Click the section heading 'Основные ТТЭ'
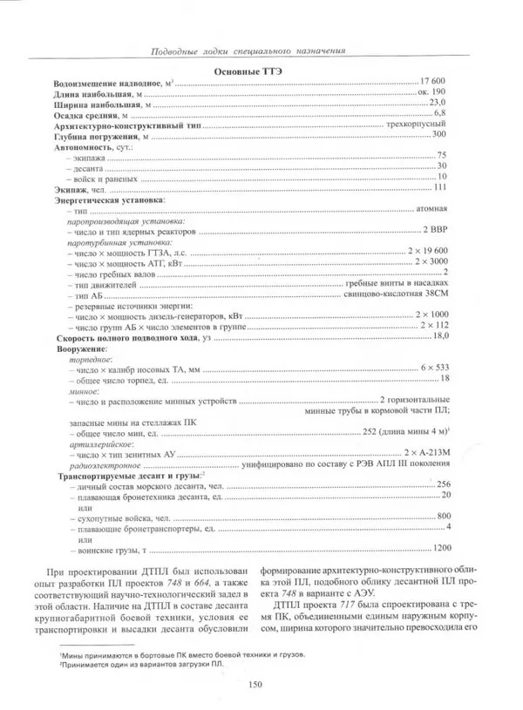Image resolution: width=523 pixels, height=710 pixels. pyautogui.click(x=252, y=68)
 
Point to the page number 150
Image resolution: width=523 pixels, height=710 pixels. pyautogui.click(x=255, y=685)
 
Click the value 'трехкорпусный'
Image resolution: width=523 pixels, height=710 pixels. pyautogui.click(x=418, y=125)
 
